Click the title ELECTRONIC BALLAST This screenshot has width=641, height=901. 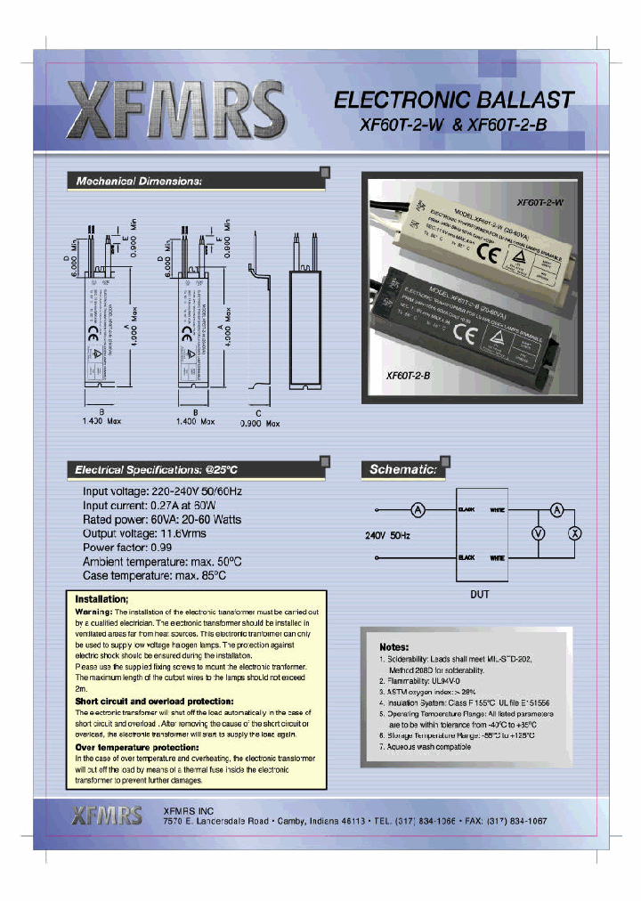tap(453, 100)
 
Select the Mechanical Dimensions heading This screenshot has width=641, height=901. tap(138, 181)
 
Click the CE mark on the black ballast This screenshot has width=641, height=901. tap(466, 333)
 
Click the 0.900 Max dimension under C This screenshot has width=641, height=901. tap(260, 423)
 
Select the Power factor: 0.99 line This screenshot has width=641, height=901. tap(126, 547)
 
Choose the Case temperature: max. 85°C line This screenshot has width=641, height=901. tap(154, 575)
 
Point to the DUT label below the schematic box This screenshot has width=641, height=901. tap(480, 595)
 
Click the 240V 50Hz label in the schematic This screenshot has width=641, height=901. tap(388, 536)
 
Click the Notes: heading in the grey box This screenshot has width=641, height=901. tap(394, 645)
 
